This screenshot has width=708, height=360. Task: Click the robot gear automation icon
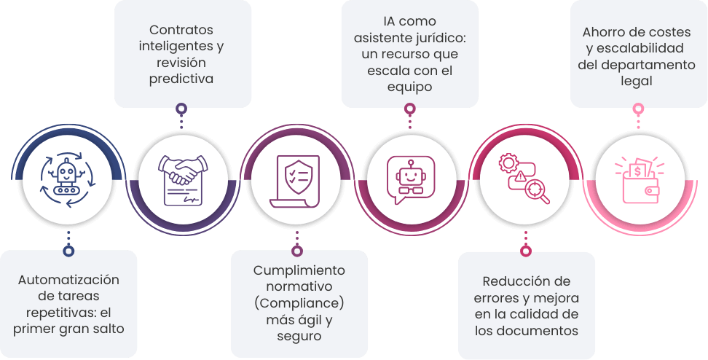coord(68,179)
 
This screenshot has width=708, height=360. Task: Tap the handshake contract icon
coord(181,179)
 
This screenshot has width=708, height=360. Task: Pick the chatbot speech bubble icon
coord(409,179)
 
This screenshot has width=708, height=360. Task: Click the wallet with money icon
coord(638,181)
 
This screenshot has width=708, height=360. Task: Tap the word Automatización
coord(68,280)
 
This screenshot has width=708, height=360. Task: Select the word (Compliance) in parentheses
coord(299,302)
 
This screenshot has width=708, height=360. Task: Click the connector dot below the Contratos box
coord(181,109)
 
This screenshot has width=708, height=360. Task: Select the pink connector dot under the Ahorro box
coord(638,109)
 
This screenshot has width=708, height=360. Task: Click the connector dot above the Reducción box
coord(525,251)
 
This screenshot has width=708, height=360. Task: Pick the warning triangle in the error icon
coord(519,176)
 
